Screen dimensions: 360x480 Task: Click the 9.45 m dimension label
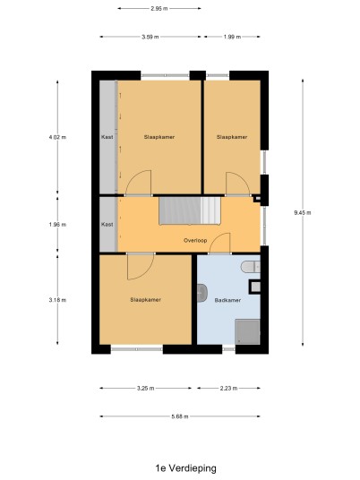[x=303, y=213]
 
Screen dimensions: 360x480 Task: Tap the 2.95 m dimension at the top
[x=159, y=9]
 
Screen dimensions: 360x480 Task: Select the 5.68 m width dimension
[x=180, y=416]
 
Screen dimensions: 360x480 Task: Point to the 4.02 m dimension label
[x=57, y=137]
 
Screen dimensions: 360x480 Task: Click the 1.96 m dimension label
[x=57, y=225]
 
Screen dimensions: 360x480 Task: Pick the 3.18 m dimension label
[x=57, y=300]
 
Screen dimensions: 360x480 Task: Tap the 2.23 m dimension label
[x=228, y=388]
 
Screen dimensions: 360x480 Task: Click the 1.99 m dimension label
[x=232, y=37]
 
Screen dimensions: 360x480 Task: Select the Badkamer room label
[x=227, y=300]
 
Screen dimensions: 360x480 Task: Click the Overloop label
[x=195, y=240]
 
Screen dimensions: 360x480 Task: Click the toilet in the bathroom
[x=250, y=267]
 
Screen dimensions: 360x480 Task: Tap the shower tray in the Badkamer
[x=247, y=331]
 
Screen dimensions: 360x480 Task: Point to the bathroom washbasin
[x=202, y=293]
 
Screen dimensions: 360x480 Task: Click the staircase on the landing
[x=190, y=210]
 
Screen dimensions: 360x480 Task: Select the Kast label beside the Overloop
[x=107, y=225]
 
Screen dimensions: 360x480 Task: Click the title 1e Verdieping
[x=185, y=468]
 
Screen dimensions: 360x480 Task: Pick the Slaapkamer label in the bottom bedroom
[x=145, y=300]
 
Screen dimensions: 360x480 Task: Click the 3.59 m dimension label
[x=150, y=37]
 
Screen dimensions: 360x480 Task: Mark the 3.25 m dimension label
[x=145, y=388]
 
